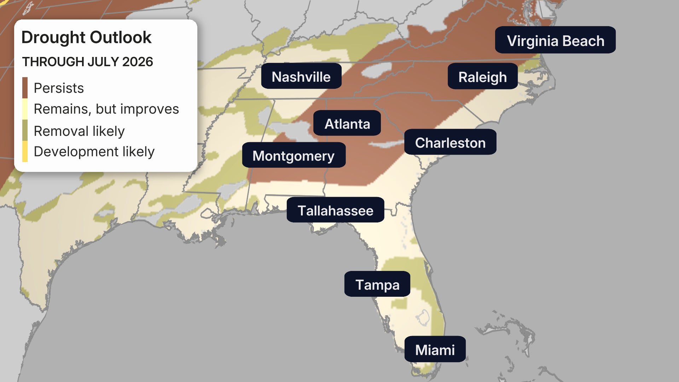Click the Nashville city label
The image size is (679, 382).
[x=301, y=76]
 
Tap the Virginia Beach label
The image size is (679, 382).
[x=555, y=40]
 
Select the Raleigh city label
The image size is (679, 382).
[x=482, y=77]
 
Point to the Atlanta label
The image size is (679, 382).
[x=347, y=123]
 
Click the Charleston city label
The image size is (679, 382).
[x=450, y=142]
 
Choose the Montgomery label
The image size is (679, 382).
[x=293, y=155]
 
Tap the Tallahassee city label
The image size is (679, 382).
[x=335, y=210]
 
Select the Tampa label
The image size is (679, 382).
[x=377, y=284]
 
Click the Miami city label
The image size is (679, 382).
[x=435, y=349]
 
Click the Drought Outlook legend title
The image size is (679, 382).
[x=86, y=37]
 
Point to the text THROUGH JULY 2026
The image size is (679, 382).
[x=87, y=62]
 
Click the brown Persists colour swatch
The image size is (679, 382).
[x=25, y=88]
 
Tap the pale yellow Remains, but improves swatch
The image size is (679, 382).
[x=25, y=109]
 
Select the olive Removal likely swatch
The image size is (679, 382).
[x=25, y=131]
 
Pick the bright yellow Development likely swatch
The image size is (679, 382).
[x=25, y=151]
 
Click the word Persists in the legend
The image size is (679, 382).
[x=59, y=88]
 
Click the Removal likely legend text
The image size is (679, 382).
[x=79, y=131]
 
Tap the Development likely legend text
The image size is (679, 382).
[x=94, y=151]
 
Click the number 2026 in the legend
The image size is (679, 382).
[x=138, y=62]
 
